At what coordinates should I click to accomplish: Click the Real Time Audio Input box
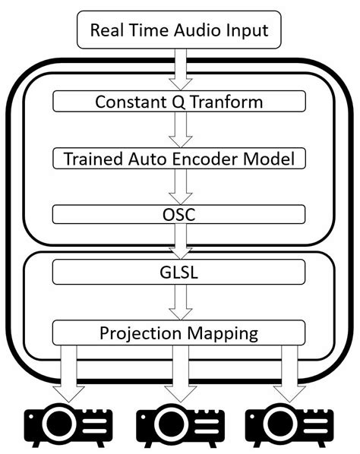[x=179, y=30]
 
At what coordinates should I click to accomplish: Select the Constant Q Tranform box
[x=179, y=101]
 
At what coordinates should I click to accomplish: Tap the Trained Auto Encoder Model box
[x=179, y=158]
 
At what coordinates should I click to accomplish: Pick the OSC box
[x=179, y=215]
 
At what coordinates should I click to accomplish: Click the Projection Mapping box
[x=179, y=332]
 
